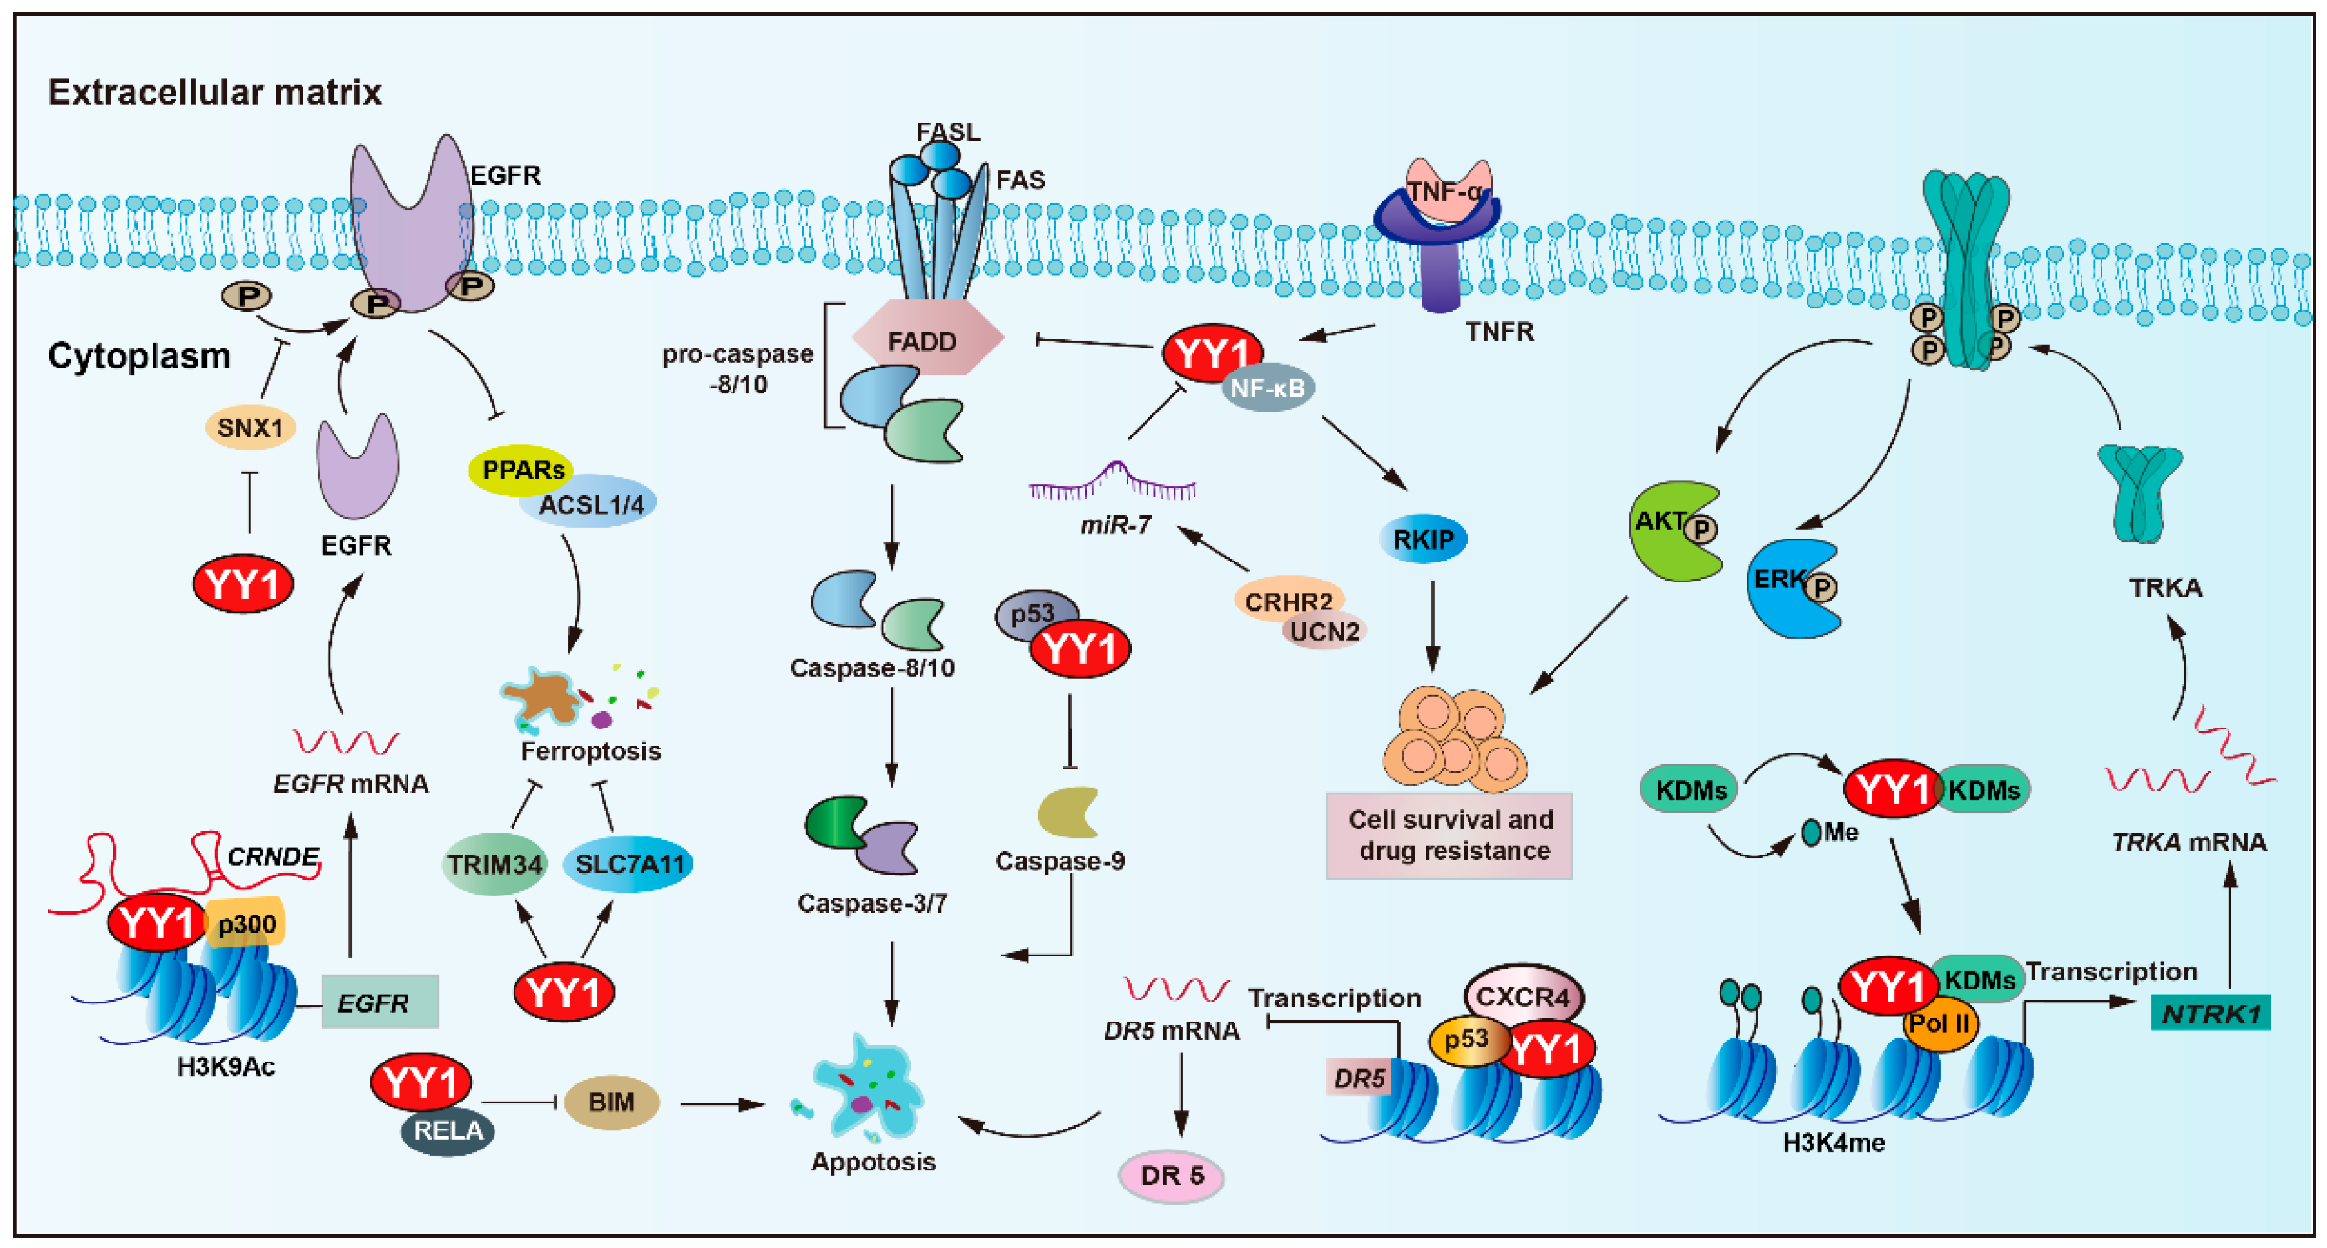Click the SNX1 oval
(250, 427)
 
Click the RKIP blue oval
(1422, 539)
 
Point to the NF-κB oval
(1267, 388)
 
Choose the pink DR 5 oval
(1171, 1175)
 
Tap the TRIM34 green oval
(494, 864)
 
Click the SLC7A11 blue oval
(629, 863)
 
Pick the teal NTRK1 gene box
(2209, 1013)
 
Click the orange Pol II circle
(1939, 1025)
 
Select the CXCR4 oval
(1523, 995)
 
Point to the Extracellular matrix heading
(215, 92)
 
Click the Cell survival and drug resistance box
(1449, 835)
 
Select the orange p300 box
(246, 923)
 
